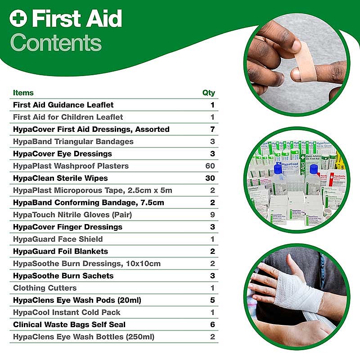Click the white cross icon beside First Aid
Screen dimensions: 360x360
[18, 18]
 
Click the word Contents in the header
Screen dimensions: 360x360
[56, 43]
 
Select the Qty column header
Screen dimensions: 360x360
[208, 93]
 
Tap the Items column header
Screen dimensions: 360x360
[23, 93]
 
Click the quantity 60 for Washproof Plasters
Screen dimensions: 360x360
[210, 166]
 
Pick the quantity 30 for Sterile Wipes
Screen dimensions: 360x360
[210, 178]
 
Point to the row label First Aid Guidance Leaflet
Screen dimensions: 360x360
[63, 105]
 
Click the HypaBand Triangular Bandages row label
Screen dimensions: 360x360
[73, 142]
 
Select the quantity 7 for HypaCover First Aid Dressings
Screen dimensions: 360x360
[212, 129]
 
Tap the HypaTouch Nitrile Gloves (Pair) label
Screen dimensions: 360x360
[72, 215]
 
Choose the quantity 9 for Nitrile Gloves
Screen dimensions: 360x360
[212, 215]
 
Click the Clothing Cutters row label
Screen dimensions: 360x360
[45, 288]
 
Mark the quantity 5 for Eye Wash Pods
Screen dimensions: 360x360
[212, 300]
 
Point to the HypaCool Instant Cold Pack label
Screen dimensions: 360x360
[67, 312]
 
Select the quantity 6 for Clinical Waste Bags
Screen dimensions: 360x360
[212, 324]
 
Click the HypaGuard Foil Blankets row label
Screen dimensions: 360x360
[60, 252]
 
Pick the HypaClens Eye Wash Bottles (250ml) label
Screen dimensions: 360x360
[84, 337]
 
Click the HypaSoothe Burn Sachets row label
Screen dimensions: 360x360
[63, 276]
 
